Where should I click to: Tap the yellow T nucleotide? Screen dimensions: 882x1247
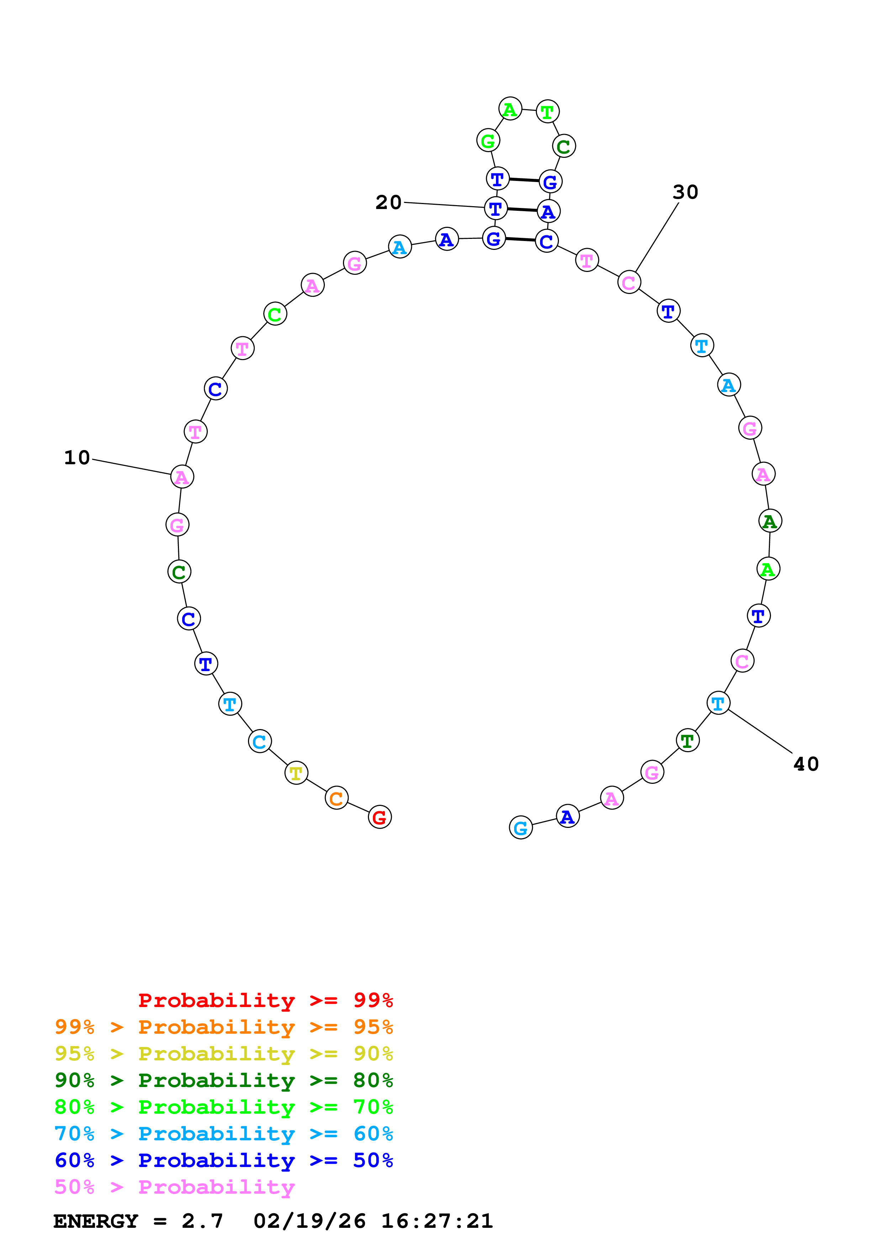tap(296, 772)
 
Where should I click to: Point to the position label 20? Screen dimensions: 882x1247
tap(388, 203)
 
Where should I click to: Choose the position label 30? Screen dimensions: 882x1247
tap(685, 192)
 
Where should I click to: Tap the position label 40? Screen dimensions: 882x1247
tap(806, 764)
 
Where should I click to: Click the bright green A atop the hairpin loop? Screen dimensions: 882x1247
tap(510, 109)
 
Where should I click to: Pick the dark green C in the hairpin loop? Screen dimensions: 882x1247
tap(564, 146)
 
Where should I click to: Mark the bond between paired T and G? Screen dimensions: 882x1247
tap(524, 180)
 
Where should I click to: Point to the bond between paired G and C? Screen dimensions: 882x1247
tap(520, 240)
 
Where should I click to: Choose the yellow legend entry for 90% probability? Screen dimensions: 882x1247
tap(223, 1053)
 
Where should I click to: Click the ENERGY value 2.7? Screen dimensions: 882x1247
tap(202, 1221)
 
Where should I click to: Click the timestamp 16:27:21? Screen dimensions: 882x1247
tap(437, 1221)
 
